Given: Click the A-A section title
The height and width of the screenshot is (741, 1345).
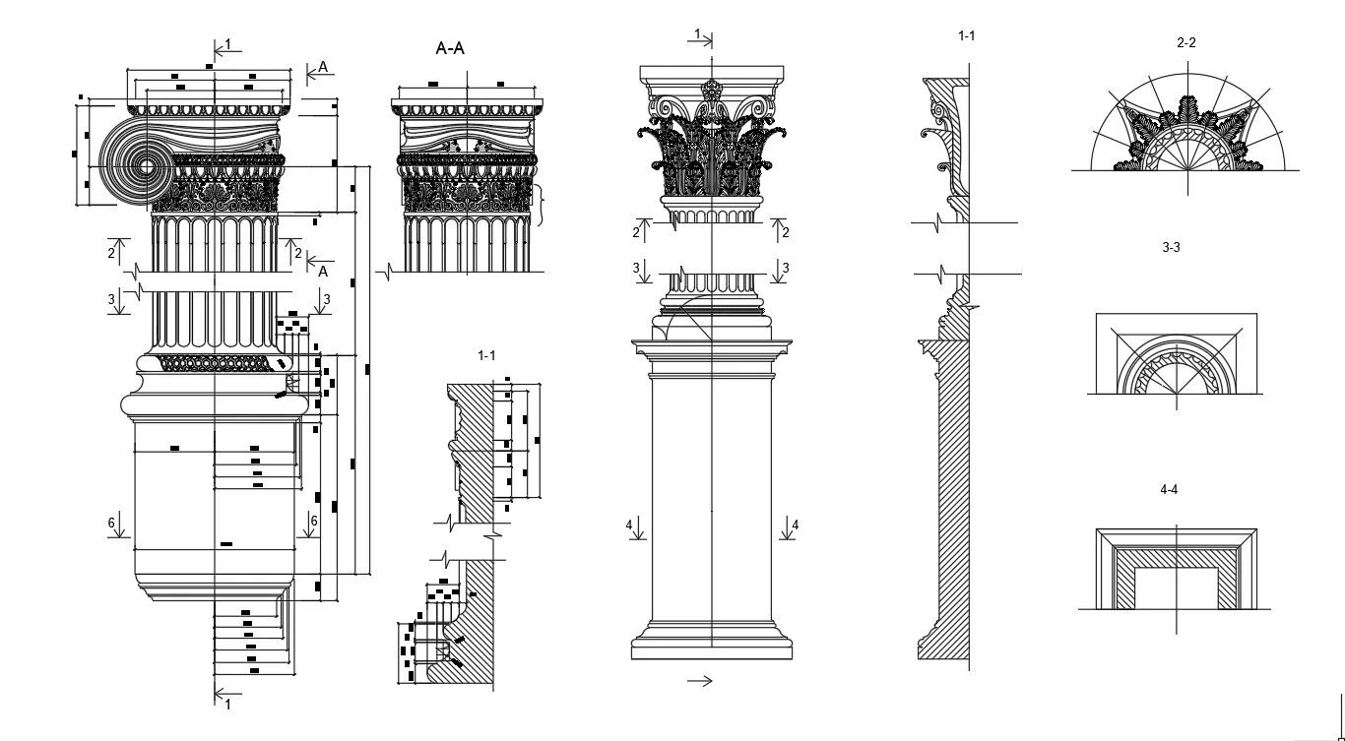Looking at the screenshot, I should [x=450, y=48].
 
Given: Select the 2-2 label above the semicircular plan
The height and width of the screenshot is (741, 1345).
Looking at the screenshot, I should [x=1185, y=43].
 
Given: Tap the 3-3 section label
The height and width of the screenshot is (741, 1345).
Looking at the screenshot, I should [x=1171, y=247].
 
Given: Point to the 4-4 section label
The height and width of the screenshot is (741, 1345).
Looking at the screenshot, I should [x=1169, y=489].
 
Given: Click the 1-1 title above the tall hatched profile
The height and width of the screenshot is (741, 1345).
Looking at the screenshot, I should [x=966, y=35].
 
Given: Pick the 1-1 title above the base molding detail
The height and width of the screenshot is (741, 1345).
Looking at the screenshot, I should [x=486, y=354].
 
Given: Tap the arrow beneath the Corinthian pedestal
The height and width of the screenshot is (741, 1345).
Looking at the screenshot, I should [x=699, y=680].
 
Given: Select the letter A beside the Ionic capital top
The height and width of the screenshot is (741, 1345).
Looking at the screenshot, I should [x=323, y=68].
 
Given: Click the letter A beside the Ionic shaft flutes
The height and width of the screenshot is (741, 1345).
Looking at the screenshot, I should [x=323, y=271].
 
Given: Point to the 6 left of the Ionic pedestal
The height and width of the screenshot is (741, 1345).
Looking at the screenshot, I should [x=112, y=522].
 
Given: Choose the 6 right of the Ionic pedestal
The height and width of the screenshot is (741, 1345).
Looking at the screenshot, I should [x=314, y=521].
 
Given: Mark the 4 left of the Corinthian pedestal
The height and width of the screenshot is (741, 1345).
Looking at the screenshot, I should [x=629, y=525].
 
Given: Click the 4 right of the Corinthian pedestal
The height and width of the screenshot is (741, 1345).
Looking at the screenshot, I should [x=796, y=525].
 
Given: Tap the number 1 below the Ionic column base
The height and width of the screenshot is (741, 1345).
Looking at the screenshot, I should [x=228, y=704].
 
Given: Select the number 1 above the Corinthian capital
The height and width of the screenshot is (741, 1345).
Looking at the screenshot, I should [x=698, y=34].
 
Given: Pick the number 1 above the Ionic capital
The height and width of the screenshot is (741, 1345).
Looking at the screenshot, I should [x=228, y=44].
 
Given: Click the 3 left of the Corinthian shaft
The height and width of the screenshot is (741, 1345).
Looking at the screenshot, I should [x=636, y=268].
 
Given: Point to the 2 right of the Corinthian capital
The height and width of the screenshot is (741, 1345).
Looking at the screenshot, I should [x=786, y=233].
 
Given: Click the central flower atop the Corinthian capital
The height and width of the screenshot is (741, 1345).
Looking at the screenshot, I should [x=712, y=92].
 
